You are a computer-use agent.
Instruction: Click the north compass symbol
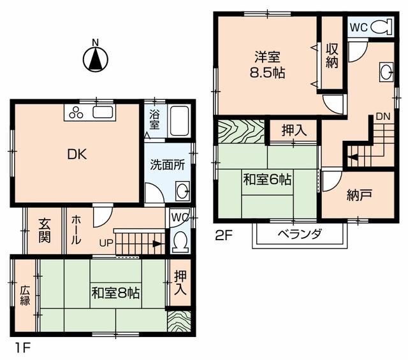95,58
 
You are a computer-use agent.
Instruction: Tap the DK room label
76,155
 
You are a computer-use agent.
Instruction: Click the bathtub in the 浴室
180,120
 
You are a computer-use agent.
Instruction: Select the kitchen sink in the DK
103,112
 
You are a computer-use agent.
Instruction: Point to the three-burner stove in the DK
76,113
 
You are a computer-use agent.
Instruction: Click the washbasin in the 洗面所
183,191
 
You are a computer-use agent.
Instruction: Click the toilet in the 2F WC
381,27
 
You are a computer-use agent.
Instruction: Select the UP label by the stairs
106,243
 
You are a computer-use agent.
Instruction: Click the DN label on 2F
382,116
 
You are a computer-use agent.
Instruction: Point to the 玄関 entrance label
45,231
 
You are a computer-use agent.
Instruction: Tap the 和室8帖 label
115,293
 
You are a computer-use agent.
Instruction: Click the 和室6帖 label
267,180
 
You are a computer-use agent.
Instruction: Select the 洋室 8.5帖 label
267,65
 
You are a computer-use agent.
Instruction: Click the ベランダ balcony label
300,234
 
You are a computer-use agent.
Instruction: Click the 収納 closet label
331,55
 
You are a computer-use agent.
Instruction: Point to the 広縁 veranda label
25,296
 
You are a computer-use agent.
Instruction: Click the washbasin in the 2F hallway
386,71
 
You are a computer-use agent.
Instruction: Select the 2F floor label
223,236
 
